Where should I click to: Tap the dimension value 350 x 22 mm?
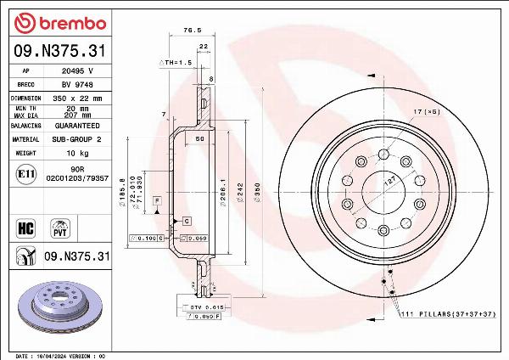[77, 98]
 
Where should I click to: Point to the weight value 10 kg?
[77, 153]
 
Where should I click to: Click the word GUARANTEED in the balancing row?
[77, 125]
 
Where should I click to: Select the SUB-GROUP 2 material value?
[77, 138]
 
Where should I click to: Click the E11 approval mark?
[25, 175]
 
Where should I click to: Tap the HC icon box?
[25, 227]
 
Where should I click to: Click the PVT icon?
[60, 227]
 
